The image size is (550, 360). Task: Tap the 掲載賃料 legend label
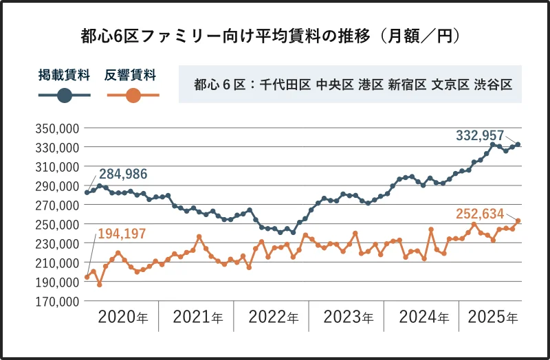coord(64,75)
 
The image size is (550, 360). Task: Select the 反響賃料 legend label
coord(131,75)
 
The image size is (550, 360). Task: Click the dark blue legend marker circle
coord(65,96)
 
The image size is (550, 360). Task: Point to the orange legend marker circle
coord(133,96)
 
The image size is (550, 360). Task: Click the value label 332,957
coord(480,135)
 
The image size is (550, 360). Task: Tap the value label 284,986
coord(123,173)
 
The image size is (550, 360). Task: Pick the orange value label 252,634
coord(480,214)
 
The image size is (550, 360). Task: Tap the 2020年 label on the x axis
coord(122,317)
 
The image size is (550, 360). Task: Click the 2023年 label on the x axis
coord(348,317)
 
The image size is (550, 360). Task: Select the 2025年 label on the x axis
coord(492,317)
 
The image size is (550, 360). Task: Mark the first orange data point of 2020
coord(87,277)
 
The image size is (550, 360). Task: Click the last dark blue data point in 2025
coord(518,144)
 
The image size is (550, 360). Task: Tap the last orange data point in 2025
coord(518,221)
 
